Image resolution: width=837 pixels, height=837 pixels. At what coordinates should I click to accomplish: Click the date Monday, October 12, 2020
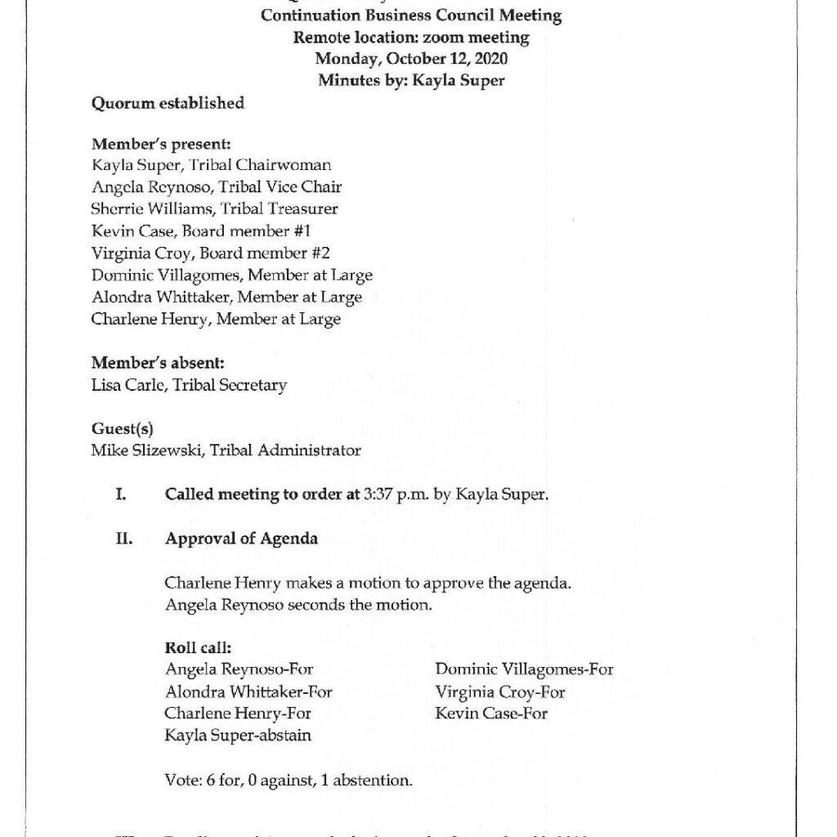pyautogui.click(x=411, y=59)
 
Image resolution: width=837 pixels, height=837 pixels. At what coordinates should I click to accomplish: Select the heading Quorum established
pyautogui.click(x=168, y=103)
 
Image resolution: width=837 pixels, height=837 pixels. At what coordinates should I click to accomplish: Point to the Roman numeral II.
pyautogui.click(x=123, y=539)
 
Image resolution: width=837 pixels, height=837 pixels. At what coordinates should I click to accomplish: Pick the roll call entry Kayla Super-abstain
pyautogui.click(x=238, y=736)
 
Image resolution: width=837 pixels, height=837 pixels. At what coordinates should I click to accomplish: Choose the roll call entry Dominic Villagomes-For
pyautogui.click(x=524, y=670)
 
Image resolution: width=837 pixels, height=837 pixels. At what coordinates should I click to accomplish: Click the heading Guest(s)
pyautogui.click(x=122, y=428)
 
